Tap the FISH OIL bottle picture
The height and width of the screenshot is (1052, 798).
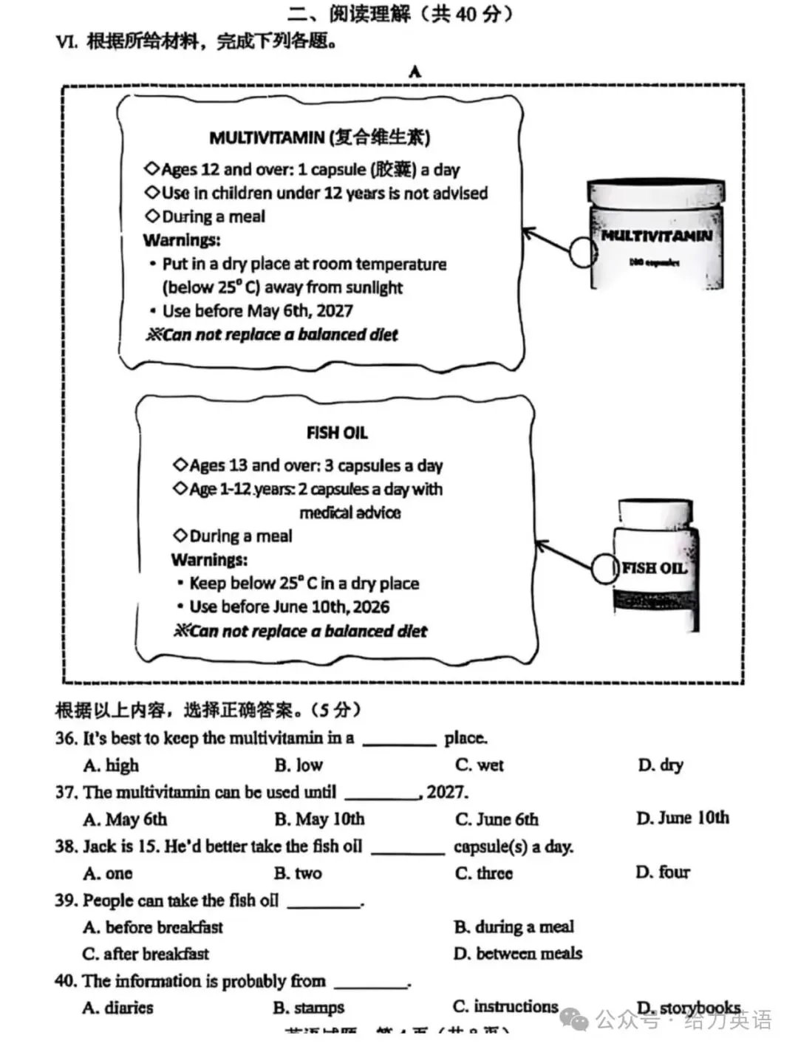click(655, 567)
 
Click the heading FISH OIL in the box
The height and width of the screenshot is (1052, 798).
click(337, 433)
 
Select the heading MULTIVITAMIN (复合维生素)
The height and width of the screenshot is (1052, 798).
click(319, 137)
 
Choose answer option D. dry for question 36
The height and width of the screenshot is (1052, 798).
click(661, 765)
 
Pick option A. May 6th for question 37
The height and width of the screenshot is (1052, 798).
click(125, 819)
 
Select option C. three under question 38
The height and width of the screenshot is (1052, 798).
click(484, 873)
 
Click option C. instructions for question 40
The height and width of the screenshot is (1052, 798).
click(505, 1006)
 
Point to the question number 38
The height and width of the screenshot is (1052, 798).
click(66, 847)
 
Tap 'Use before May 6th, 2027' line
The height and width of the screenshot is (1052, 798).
click(257, 311)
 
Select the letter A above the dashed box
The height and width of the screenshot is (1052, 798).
click(415, 72)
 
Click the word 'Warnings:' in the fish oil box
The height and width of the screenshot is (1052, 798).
click(209, 559)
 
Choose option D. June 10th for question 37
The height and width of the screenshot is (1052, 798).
click(683, 818)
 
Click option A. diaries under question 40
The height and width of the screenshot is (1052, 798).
click(118, 1007)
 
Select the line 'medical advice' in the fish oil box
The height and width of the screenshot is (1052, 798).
click(349, 513)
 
